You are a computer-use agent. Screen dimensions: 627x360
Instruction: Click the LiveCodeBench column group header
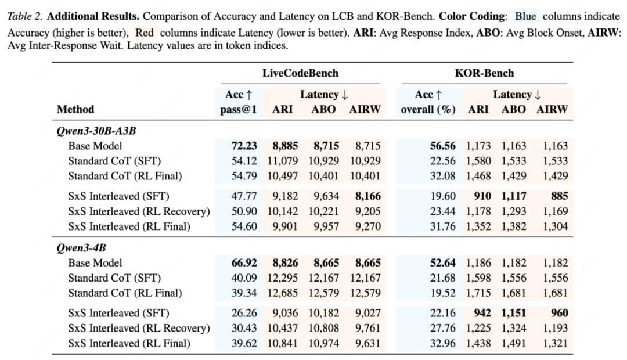pos(300,73)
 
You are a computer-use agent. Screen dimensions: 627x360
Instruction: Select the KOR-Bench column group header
pos(484,73)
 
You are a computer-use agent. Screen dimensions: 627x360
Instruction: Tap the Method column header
pos(75,109)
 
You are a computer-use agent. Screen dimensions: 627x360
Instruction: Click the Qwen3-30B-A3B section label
pos(96,131)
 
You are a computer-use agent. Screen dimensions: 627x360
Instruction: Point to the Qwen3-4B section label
pos(81,248)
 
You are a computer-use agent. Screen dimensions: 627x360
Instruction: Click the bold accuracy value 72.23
pos(244,146)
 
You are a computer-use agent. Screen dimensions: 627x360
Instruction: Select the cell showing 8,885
pos(285,146)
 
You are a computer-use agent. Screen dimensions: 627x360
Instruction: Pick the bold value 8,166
pos(367,196)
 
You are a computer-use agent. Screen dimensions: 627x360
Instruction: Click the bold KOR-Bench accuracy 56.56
pos(442,146)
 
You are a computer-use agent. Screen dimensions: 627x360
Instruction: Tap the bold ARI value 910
pos(482,196)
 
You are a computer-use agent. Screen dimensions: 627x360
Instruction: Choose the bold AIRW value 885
pos(559,196)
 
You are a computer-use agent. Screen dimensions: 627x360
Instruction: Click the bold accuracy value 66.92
pos(244,263)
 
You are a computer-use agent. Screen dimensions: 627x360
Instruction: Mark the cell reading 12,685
pos(283,293)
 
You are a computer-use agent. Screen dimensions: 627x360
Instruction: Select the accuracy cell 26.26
pos(244,313)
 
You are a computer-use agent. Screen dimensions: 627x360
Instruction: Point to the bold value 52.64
pos(442,263)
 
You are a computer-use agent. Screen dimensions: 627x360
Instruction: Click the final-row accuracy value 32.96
pos(442,343)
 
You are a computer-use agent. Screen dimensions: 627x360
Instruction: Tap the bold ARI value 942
pos(482,313)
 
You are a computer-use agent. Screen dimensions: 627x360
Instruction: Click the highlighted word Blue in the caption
pos(525,16)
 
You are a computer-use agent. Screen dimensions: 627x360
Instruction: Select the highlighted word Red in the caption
pos(145,32)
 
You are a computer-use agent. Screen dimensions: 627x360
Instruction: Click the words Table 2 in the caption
pos(25,16)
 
